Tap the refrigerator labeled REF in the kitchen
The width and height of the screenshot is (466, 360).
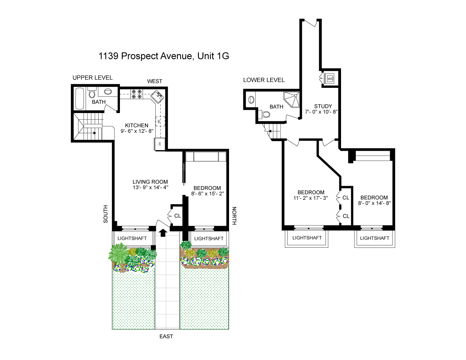pyautogui.click(x=160, y=144)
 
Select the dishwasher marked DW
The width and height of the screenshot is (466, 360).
pyautogui.click(x=160, y=121)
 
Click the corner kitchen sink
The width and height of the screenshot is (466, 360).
pyautogui.click(x=157, y=97)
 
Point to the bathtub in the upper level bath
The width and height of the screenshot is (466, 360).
pyautogui.click(x=80, y=99)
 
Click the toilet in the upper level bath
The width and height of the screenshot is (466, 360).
pyautogui.click(x=92, y=93)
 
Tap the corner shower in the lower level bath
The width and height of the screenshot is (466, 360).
pyautogui.click(x=292, y=100)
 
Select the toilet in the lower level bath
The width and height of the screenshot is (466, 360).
pyautogui.click(x=265, y=114)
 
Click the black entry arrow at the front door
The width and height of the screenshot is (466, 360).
pyautogui.click(x=163, y=233)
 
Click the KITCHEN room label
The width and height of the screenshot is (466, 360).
pyautogui.click(x=136, y=125)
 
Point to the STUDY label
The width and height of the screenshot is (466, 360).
pyautogui.click(x=323, y=106)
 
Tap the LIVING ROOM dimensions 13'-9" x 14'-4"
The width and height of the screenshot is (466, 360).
pyautogui.click(x=150, y=188)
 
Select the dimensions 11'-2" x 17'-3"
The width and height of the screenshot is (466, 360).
pyautogui.click(x=311, y=198)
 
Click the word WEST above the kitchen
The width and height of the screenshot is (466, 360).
pyautogui.click(x=154, y=81)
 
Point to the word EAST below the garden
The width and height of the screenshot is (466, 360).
pyautogui.click(x=166, y=337)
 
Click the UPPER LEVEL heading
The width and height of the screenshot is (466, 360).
pyautogui.click(x=93, y=77)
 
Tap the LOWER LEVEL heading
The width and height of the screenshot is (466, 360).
pyautogui.click(x=264, y=80)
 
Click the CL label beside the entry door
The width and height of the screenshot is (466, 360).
pyautogui.click(x=178, y=216)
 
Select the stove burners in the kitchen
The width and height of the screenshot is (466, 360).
pyautogui.click(x=137, y=94)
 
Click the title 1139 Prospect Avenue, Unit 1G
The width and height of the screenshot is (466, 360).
pyautogui.click(x=163, y=56)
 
